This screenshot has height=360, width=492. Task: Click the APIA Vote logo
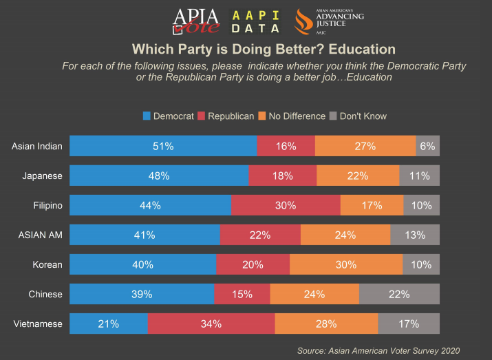pyautogui.click(x=196, y=21)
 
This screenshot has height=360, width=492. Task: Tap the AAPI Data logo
pyautogui.click(x=257, y=21)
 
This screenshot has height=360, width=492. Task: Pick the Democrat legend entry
pyautogui.click(x=168, y=116)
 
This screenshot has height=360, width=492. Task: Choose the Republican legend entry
pyautogui.click(x=226, y=116)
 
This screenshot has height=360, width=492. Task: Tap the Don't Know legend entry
pyautogui.click(x=363, y=116)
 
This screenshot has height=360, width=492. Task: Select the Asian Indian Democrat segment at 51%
pyautogui.click(x=163, y=146)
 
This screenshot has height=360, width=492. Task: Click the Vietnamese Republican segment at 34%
pyautogui.click(x=211, y=324)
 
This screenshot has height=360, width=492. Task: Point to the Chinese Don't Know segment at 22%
pyautogui.click(x=399, y=294)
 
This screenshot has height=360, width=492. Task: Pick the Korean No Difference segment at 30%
pyautogui.click(x=346, y=264)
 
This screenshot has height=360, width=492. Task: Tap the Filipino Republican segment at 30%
pyautogui.click(x=286, y=205)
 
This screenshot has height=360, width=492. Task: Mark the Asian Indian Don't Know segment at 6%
pyautogui.click(x=427, y=146)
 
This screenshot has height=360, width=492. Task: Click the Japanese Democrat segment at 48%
pyautogui.click(x=159, y=176)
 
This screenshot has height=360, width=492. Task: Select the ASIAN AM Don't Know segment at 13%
pyautogui.click(x=415, y=235)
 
